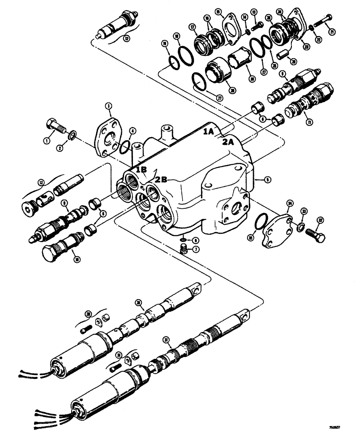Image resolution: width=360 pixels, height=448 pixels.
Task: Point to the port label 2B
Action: [161, 179]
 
